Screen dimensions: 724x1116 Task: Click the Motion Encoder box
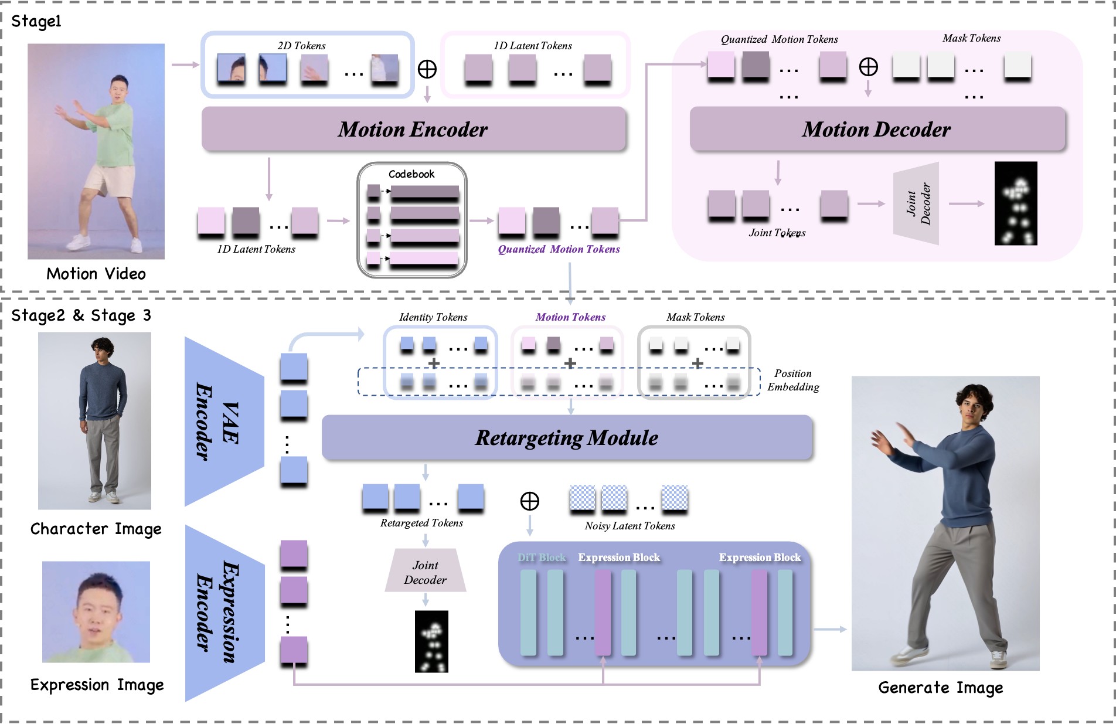[413, 129]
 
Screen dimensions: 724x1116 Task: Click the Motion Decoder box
[876, 129]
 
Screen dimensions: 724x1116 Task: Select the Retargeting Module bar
[566, 438]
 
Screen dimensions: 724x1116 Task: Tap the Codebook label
[411, 174]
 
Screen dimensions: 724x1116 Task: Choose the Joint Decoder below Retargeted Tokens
[425, 572]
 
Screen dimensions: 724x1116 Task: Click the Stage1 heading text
[36, 22]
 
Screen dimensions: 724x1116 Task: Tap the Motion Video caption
[96, 274]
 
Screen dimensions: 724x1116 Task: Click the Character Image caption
[96, 529]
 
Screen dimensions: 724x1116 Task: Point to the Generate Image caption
[940, 688]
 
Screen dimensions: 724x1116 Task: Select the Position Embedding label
[793, 380]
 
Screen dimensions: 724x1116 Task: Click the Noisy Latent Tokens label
[630, 526]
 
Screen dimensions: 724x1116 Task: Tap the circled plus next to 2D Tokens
[427, 69]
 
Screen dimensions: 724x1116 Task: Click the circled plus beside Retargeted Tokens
[530, 501]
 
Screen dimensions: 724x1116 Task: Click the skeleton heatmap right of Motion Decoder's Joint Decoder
[1016, 203]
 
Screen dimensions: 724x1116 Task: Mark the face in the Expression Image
[97, 610]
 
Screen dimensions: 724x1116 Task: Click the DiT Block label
[542, 558]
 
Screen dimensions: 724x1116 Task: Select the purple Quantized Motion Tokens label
[559, 249]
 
